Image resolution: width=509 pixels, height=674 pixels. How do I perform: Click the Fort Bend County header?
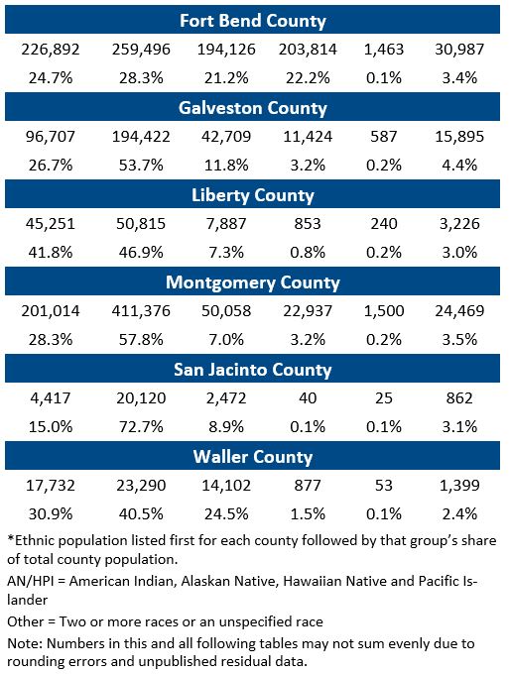253,21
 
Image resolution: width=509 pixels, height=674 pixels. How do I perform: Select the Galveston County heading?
253,108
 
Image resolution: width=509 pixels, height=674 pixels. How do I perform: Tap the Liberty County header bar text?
253,195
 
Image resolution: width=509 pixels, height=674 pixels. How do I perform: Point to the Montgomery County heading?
253,282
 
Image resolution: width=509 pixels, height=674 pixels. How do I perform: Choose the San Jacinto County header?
253,370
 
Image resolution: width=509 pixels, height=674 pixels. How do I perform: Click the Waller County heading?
253,457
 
